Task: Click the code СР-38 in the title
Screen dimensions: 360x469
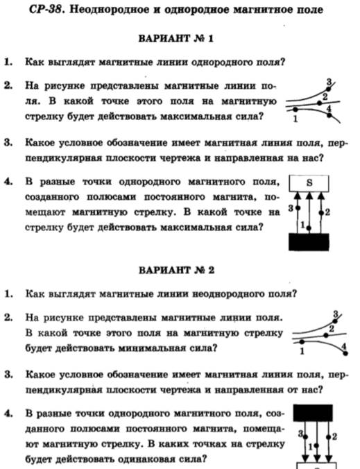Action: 46,10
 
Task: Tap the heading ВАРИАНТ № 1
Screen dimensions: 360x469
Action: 176,39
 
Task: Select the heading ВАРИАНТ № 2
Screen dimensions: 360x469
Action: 176,270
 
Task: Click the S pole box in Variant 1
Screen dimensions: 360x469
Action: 309,183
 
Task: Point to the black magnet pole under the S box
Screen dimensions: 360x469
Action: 309,242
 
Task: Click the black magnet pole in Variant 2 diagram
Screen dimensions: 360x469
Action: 313,413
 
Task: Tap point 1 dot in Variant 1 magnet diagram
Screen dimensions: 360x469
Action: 309,228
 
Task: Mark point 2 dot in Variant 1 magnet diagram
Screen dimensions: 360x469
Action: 321,213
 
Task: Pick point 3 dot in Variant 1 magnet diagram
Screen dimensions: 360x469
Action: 298,207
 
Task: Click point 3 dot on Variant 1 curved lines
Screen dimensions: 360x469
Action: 328,89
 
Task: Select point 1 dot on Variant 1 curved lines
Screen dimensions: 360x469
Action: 295,110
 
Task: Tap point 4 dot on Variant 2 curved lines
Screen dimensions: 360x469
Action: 345,353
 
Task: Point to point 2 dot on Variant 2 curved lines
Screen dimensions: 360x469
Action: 326,335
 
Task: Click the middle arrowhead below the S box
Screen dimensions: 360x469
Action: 309,196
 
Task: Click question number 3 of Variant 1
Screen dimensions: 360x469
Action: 8,143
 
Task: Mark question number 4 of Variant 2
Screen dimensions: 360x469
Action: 8,413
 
